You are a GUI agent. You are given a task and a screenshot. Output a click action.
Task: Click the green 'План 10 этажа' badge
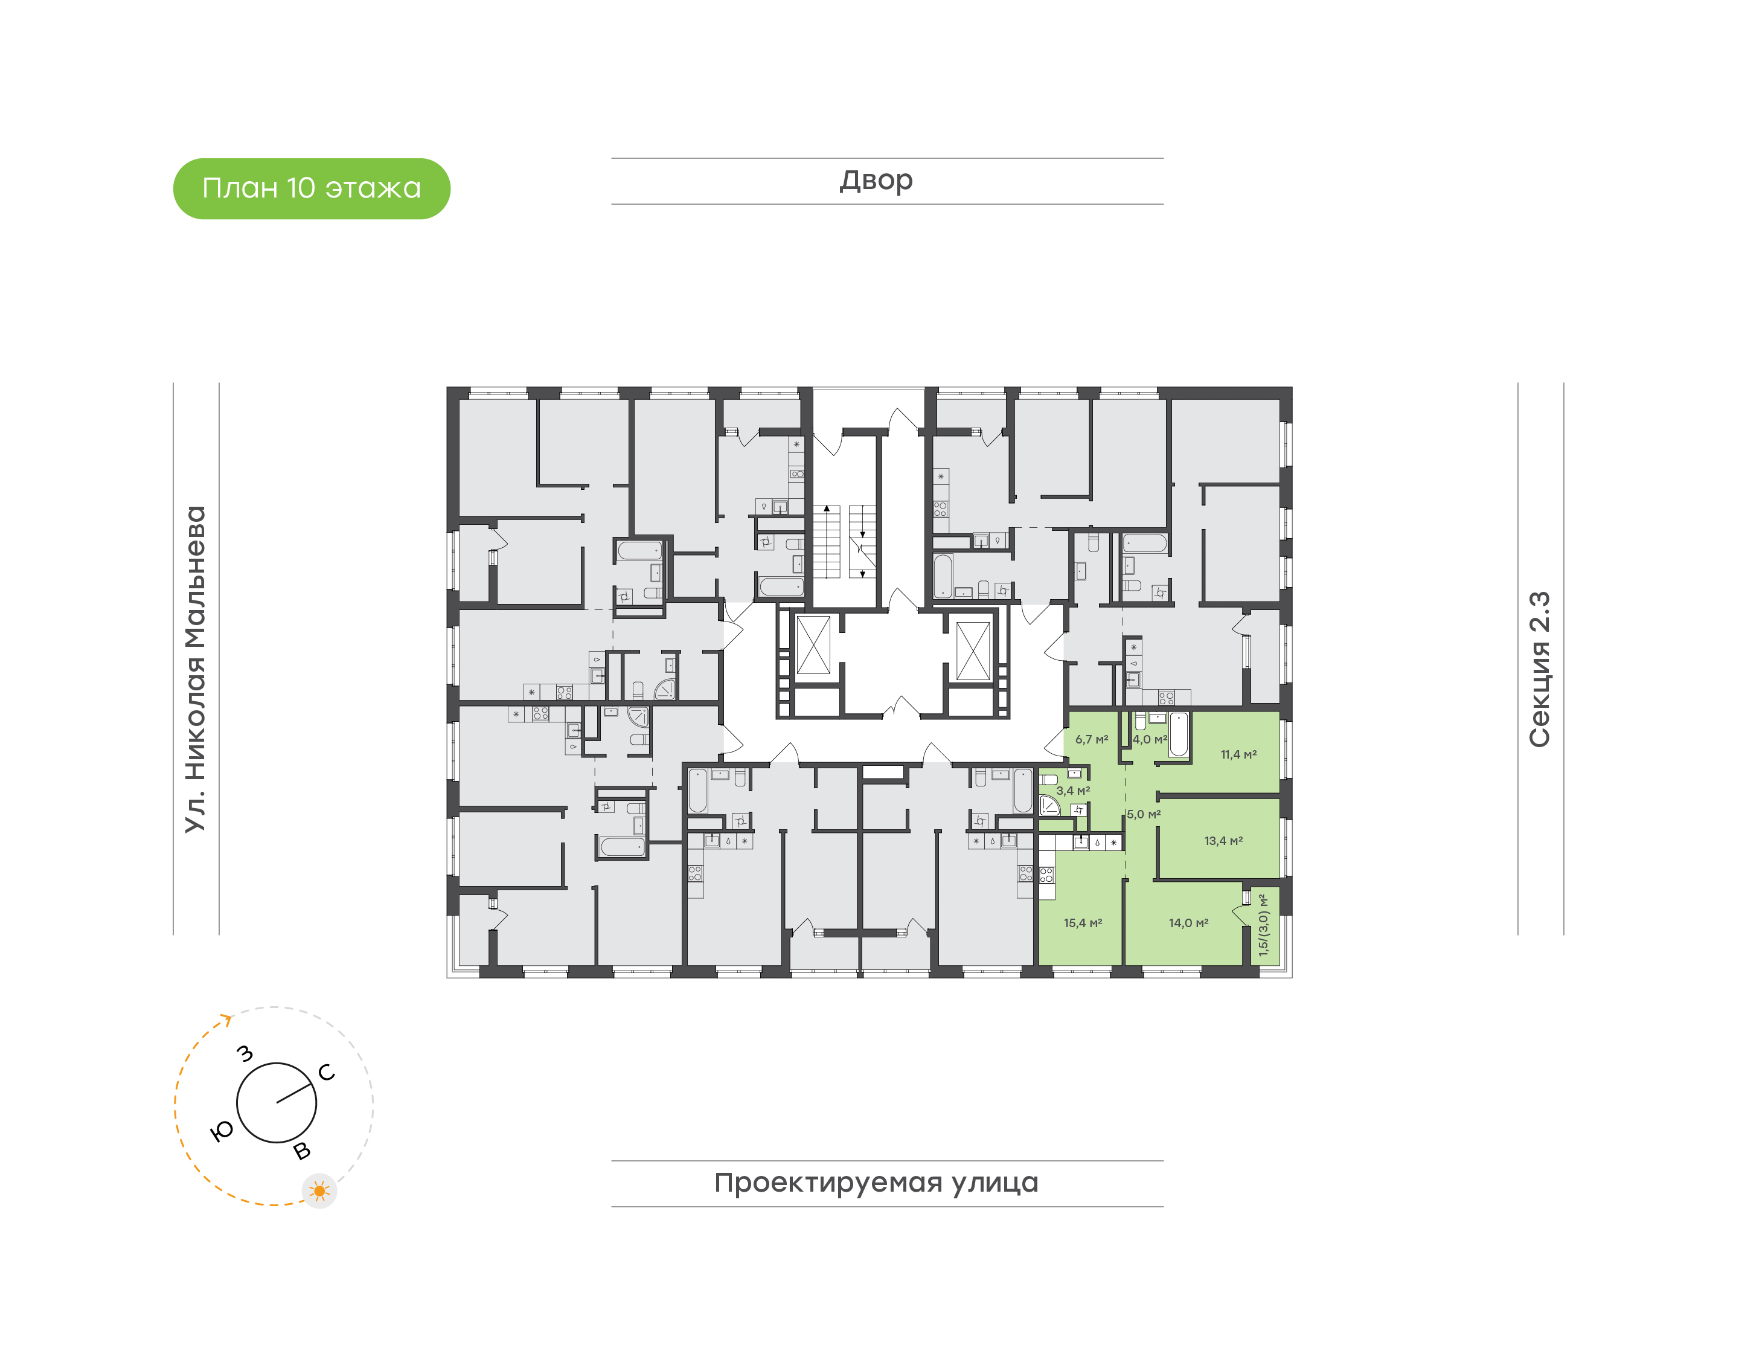tap(312, 188)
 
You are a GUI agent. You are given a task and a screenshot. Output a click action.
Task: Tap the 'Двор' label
tap(876, 181)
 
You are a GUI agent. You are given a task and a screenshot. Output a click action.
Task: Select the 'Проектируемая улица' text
tap(876, 1183)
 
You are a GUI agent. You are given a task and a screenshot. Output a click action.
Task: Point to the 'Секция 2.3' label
tap(1539, 670)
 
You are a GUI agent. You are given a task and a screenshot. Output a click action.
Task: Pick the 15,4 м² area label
tap(1083, 923)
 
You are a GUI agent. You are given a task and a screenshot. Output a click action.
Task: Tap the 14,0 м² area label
tap(1188, 923)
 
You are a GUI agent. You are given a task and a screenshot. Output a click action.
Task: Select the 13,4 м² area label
tap(1223, 841)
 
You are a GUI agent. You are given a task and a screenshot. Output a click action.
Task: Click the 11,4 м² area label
tap(1238, 754)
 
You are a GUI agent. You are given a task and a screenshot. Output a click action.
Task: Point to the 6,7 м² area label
tap(1091, 739)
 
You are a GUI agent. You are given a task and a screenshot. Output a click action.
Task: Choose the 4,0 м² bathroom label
tap(1150, 739)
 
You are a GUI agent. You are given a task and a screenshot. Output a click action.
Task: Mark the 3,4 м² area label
tap(1073, 791)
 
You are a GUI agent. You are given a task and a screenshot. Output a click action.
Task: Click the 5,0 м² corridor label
tap(1144, 814)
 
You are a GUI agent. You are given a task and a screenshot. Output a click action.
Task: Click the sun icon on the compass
tap(319, 1191)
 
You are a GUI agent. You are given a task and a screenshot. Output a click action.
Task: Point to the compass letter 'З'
tap(246, 1053)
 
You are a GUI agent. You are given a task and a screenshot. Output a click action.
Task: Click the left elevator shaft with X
tap(813, 645)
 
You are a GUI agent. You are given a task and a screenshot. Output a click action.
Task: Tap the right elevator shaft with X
tap(973, 650)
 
